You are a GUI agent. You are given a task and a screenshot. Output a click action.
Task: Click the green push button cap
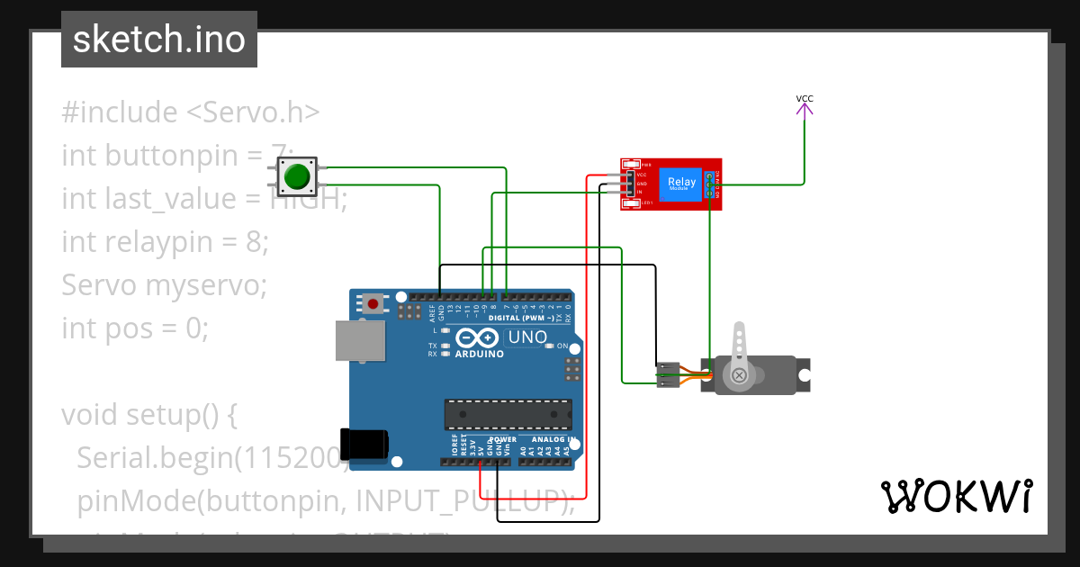pyautogui.click(x=297, y=176)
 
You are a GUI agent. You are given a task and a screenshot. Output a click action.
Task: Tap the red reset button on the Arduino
pyautogui.click(x=373, y=303)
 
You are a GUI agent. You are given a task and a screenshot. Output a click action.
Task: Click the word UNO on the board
pyautogui.click(x=528, y=337)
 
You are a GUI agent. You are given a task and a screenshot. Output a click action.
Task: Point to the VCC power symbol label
pyautogui.click(x=805, y=98)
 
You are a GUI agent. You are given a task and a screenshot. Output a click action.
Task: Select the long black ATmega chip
pyautogui.click(x=508, y=414)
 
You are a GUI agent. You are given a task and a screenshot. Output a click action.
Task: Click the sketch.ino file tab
pyautogui.click(x=159, y=40)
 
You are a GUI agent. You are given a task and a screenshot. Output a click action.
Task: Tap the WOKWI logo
pyautogui.click(x=956, y=496)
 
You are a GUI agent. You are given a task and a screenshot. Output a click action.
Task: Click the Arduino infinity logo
pyautogui.click(x=477, y=338)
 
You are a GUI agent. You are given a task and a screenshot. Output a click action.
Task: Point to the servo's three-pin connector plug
pyautogui.click(x=667, y=374)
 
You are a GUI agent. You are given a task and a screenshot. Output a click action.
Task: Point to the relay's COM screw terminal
pyautogui.click(x=710, y=184)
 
